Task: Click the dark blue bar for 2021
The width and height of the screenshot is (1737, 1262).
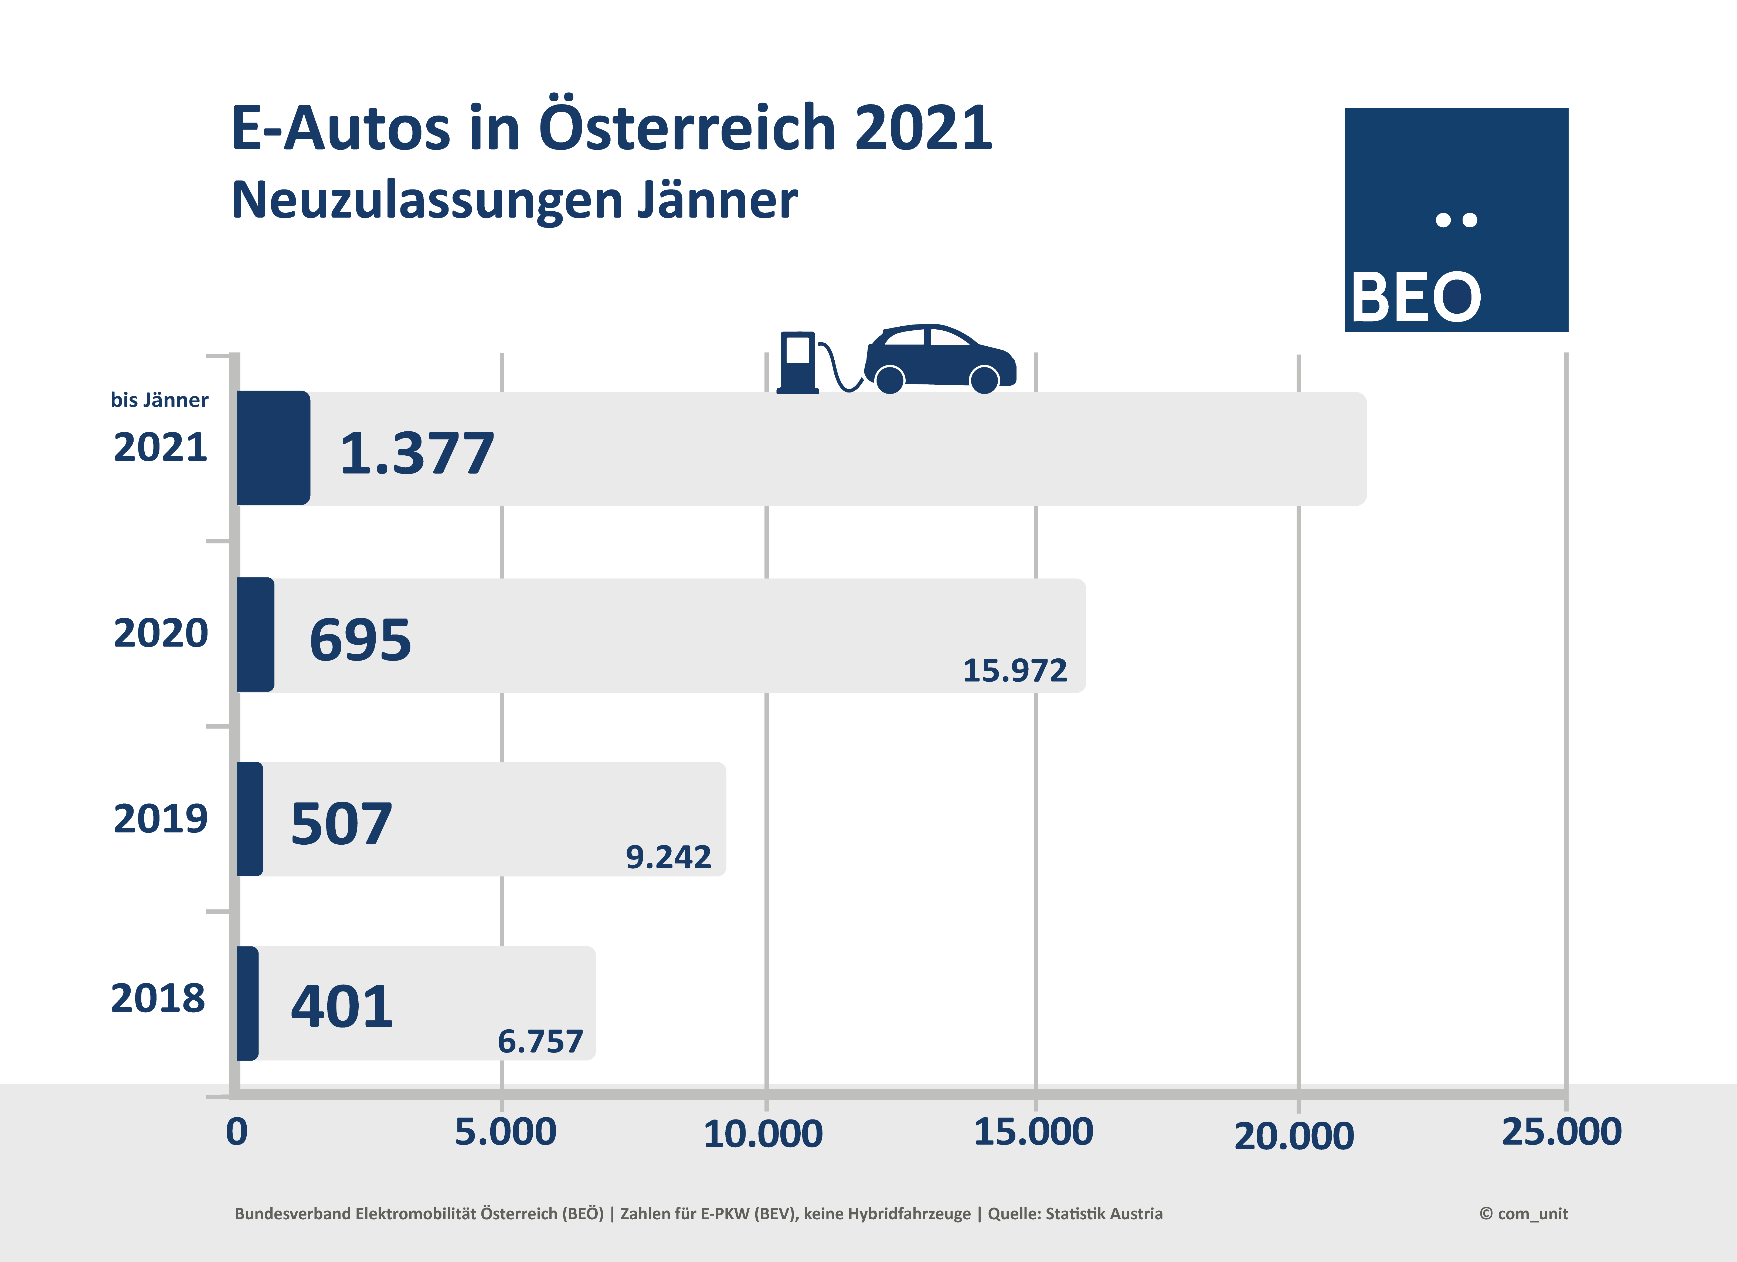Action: coord(273,448)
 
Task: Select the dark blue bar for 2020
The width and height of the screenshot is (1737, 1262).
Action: coord(255,634)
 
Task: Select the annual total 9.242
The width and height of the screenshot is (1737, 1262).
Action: coord(669,857)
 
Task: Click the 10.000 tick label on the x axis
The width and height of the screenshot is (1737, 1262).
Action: coord(763,1134)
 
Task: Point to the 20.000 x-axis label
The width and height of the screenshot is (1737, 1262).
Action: coord(1294,1136)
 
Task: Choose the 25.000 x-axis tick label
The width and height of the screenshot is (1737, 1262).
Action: coord(1562,1132)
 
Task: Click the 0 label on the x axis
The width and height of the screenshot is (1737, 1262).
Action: coord(237,1132)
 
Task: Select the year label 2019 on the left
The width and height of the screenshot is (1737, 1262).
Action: coord(160,818)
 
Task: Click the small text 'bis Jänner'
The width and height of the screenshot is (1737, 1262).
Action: coord(159,399)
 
